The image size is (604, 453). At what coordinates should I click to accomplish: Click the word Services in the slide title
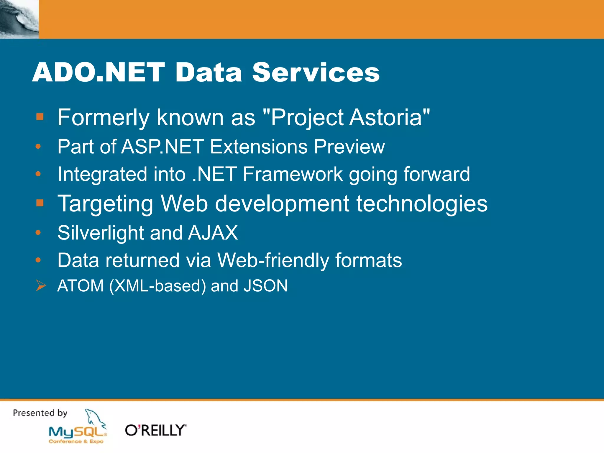click(316, 72)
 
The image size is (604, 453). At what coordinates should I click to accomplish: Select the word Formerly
click(103, 118)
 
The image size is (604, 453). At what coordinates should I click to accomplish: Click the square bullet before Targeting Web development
click(40, 203)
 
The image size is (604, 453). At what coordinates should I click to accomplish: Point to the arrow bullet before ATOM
click(41, 285)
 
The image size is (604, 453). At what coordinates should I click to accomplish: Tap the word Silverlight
click(100, 233)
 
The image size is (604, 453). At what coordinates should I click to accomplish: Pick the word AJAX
click(213, 233)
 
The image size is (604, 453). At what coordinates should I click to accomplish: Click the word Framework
click(293, 174)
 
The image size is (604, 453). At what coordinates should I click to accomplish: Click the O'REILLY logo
click(155, 430)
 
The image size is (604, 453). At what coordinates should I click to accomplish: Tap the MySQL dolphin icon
click(95, 418)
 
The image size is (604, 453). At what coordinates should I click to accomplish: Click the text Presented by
click(40, 413)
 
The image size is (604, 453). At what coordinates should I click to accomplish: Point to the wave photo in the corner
click(19, 19)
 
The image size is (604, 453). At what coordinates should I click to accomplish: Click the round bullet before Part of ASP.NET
click(38, 146)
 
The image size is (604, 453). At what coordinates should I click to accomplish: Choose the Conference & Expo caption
click(76, 441)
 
